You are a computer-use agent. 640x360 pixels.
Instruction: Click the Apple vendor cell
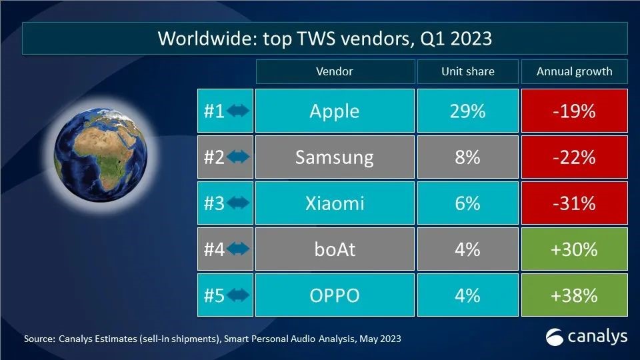[x=334, y=111]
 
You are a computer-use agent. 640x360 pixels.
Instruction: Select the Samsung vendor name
[x=334, y=157]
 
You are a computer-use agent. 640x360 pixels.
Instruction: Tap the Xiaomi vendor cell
[x=334, y=203]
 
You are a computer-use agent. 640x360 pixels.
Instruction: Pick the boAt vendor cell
[x=334, y=249]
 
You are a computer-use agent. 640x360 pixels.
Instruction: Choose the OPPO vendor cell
[x=334, y=295]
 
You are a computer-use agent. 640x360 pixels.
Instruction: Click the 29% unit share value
[x=467, y=111]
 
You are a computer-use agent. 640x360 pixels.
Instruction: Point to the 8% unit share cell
[x=467, y=157]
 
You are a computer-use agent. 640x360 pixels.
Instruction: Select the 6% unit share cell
[x=467, y=203]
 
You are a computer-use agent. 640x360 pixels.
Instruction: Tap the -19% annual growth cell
[x=574, y=111]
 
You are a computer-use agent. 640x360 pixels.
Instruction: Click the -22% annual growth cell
[x=574, y=157]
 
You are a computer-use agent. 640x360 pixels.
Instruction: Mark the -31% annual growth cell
[x=574, y=203]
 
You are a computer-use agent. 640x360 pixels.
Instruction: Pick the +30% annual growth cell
[x=574, y=249]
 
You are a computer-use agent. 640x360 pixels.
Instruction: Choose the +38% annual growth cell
[x=574, y=295]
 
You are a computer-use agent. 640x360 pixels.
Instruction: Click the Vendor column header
[x=334, y=71]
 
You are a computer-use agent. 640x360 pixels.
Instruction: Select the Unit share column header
[x=467, y=71]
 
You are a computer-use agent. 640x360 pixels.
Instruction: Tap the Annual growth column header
[x=574, y=71]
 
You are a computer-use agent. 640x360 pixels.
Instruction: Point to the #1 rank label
[x=214, y=111]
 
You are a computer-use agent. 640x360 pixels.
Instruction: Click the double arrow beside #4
[x=238, y=249]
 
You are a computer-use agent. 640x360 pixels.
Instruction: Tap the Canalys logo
[x=587, y=337]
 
